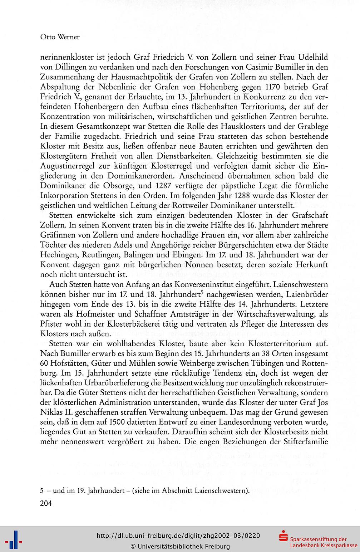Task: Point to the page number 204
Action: point(46,504)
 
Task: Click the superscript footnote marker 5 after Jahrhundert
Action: point(202,293)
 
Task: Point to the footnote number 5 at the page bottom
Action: point(42,490)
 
